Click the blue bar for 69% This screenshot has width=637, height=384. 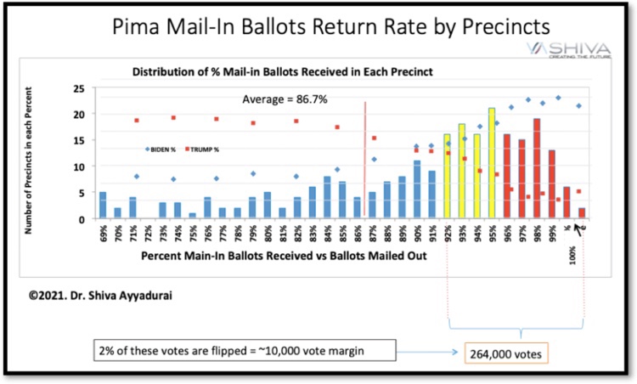tap(103, 206)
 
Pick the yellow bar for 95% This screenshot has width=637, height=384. tap(492, 164)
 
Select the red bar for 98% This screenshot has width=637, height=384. tap(538, 169)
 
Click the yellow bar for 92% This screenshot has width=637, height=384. tap(448, 177)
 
